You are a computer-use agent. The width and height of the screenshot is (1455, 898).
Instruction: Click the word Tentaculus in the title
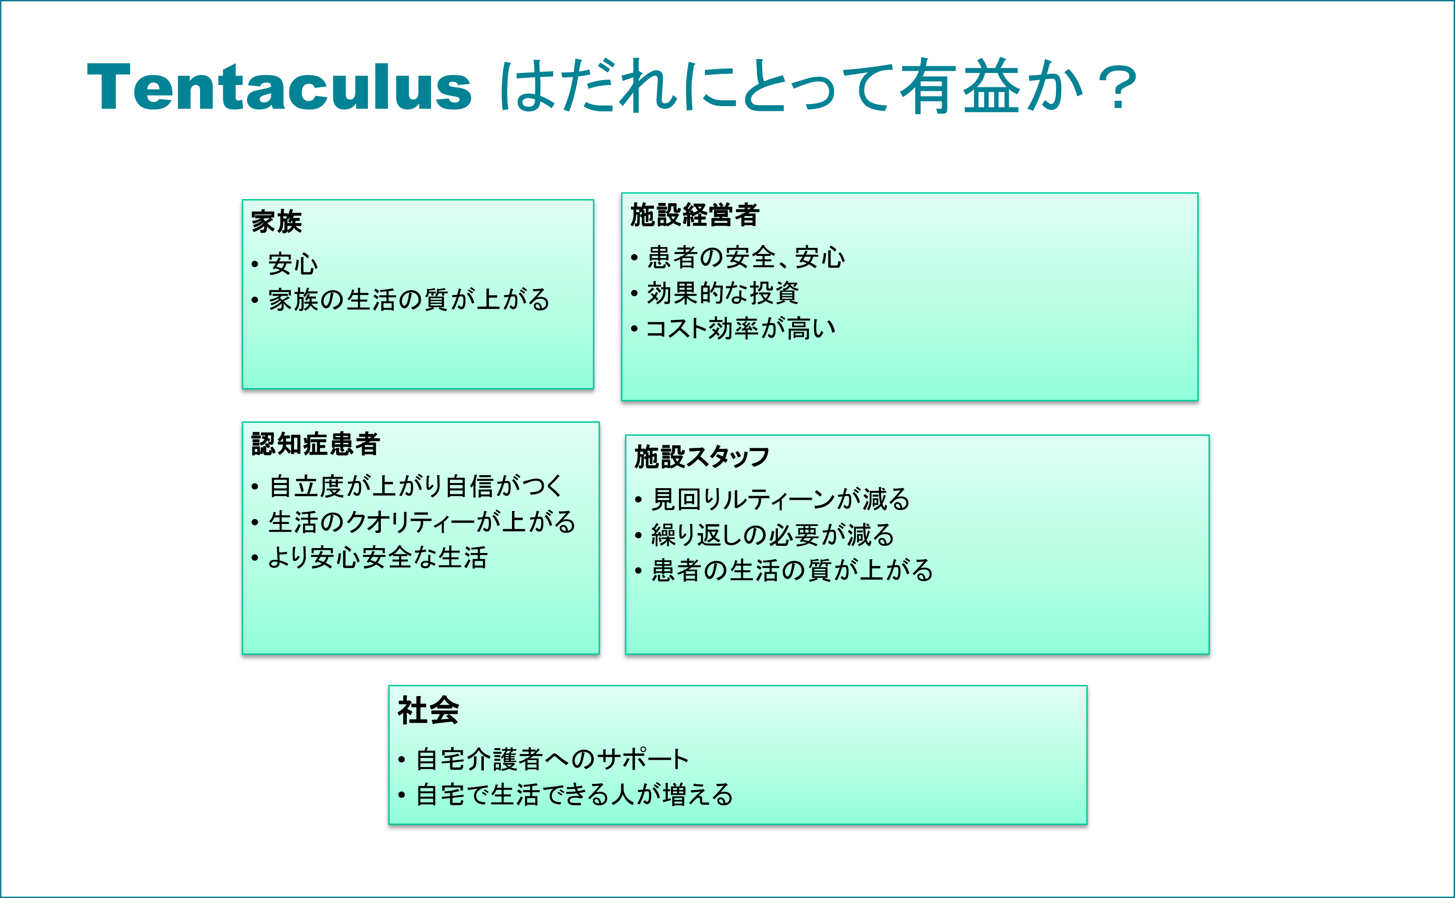279,87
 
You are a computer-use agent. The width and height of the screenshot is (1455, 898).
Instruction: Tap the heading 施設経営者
695,214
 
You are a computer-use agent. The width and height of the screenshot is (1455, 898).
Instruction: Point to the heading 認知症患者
315,444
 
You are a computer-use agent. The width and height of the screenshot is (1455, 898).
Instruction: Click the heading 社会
428,711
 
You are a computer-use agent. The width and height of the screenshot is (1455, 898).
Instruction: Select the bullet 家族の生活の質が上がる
409,300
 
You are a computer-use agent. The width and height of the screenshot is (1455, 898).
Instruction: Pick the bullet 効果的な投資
722,293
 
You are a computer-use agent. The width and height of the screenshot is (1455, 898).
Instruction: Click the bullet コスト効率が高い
741,328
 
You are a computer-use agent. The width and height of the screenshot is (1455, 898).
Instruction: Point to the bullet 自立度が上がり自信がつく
415,486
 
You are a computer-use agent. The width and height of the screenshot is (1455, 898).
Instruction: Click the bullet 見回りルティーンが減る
781,499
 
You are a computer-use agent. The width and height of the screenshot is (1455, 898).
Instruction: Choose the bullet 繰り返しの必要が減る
772,535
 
